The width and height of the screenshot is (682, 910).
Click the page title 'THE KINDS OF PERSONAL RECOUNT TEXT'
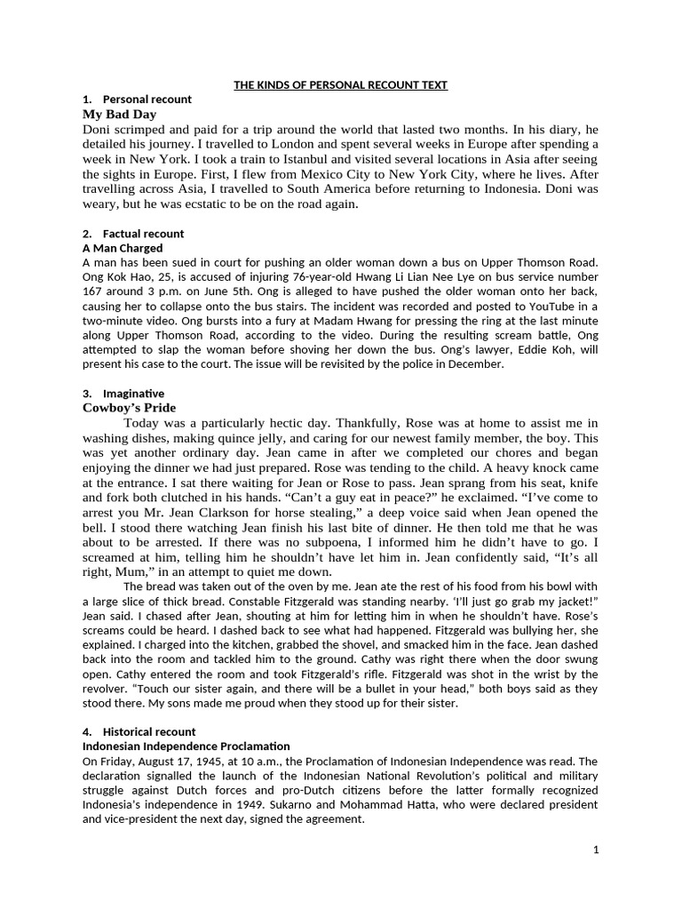click(x=340, y=85)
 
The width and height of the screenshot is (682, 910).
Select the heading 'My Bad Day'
click(x=119, y=115)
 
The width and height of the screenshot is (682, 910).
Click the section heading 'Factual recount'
click(x=144, y=234)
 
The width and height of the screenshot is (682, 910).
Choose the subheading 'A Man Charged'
click(x=121, y=249)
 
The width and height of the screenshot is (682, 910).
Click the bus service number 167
click(x=93, y=291)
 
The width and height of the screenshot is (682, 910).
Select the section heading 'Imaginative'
click(x=134, y=394)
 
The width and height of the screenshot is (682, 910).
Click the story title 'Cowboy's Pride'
click(x=130, y=408)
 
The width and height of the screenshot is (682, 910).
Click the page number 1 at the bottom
click(x=597, y=850)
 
